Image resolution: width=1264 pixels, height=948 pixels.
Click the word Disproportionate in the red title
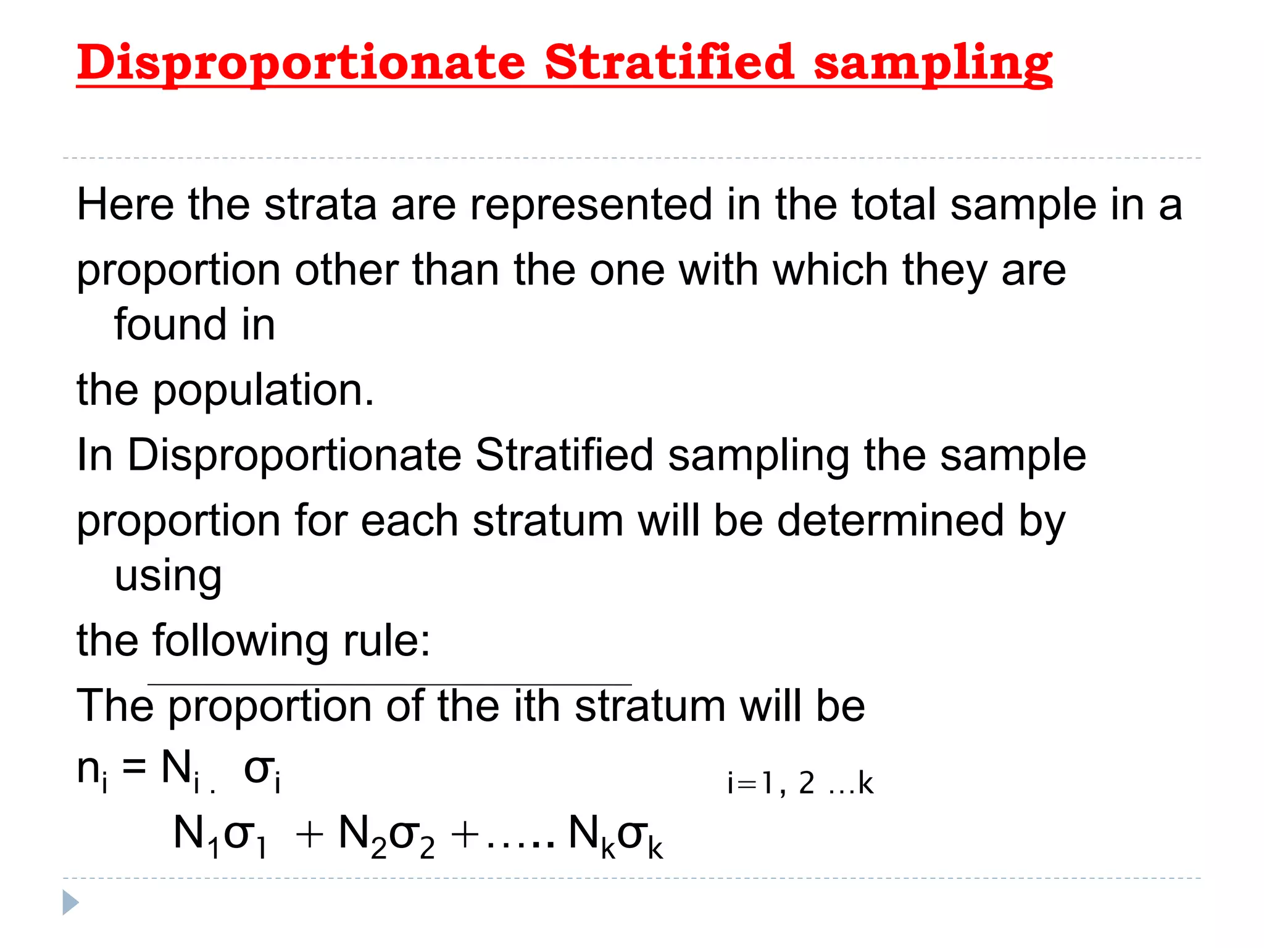[x=301, y=63]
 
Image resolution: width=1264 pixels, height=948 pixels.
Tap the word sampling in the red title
[x=933, y=63]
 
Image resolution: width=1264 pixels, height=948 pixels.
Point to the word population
[x=263, y=391]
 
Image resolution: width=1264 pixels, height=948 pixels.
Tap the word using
[x=168, y=576]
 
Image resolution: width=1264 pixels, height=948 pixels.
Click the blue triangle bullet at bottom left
[x=70, y=902]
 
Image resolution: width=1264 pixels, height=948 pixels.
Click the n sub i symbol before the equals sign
[x=92, y=771]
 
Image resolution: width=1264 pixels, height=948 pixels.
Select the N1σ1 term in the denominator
[x=220, y=837]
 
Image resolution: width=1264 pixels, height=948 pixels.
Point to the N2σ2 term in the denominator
[x=386, y=837]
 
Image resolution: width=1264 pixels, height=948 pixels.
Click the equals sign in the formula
[x=134, y=769]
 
